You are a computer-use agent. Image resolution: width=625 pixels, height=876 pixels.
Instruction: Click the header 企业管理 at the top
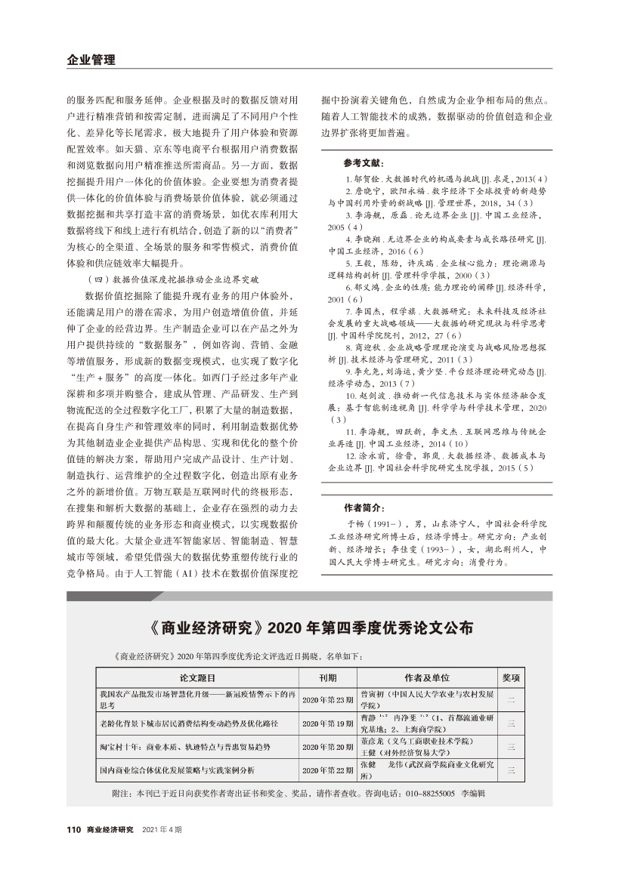point(85,60)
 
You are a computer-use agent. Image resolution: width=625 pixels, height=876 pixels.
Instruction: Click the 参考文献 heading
point(364,163)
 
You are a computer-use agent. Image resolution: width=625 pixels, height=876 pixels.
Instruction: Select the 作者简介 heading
point(364,507)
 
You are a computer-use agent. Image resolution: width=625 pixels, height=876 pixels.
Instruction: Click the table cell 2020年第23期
point(327,700)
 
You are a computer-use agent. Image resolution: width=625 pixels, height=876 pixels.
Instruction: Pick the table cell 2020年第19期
point(327,723)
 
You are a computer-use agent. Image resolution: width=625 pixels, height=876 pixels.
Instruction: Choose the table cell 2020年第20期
point(327,747)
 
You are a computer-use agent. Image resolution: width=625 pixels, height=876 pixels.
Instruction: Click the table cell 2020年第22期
point(327,770)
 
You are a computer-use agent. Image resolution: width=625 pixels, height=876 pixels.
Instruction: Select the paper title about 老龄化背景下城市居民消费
point(188,723)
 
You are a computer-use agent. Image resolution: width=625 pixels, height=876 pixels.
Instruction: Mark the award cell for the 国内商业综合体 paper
point(512,770)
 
